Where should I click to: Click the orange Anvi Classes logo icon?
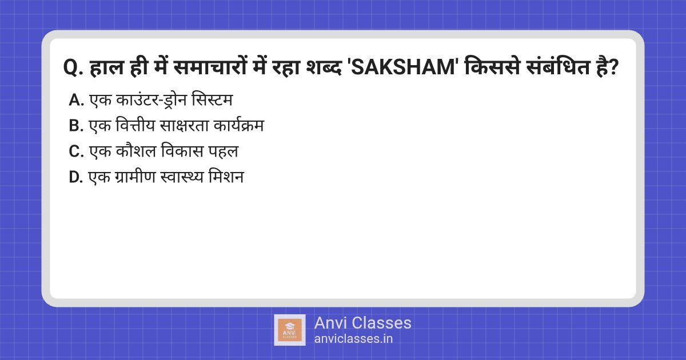289,330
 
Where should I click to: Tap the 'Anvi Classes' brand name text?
362,323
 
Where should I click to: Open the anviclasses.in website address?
353,338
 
